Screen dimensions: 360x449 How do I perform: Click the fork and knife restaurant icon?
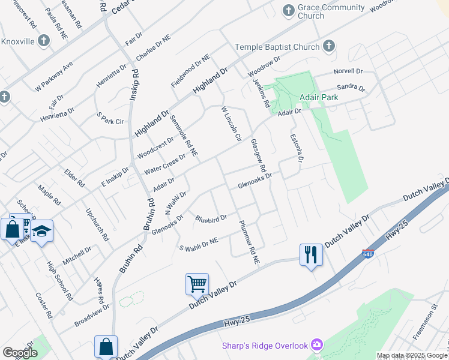tap(311, 254)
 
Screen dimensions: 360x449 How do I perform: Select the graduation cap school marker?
tap(42, 231)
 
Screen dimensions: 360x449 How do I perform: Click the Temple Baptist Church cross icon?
tap(328, 46)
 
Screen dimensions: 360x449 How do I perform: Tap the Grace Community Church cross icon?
tap(288, 10)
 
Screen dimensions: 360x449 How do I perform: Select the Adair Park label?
tap(320, 97)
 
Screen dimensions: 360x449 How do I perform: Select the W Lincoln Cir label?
tap(231, 124)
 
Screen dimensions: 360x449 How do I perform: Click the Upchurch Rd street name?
tap(97, 224)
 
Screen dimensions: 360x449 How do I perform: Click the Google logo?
tap(20, 353)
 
